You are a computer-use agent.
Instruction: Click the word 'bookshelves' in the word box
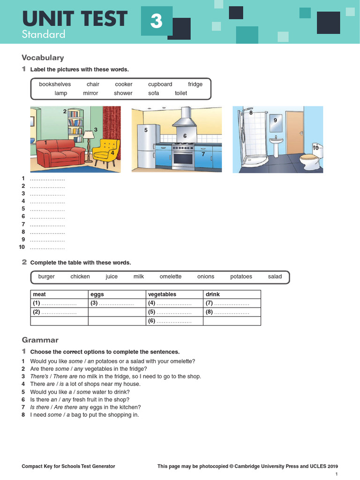pos(55,84)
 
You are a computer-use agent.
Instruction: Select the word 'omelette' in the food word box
pos(171,277)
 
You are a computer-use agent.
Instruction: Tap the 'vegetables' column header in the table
pos(162,294)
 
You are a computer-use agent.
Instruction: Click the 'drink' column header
pos(213,294)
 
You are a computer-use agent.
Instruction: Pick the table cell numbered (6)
pos(174,321)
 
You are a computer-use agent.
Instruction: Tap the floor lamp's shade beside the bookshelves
pos(88,135)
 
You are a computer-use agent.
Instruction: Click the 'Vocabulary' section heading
pos(43,58)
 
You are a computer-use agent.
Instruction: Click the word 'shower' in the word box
pos(123,93)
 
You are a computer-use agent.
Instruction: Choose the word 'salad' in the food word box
pos(275,277)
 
